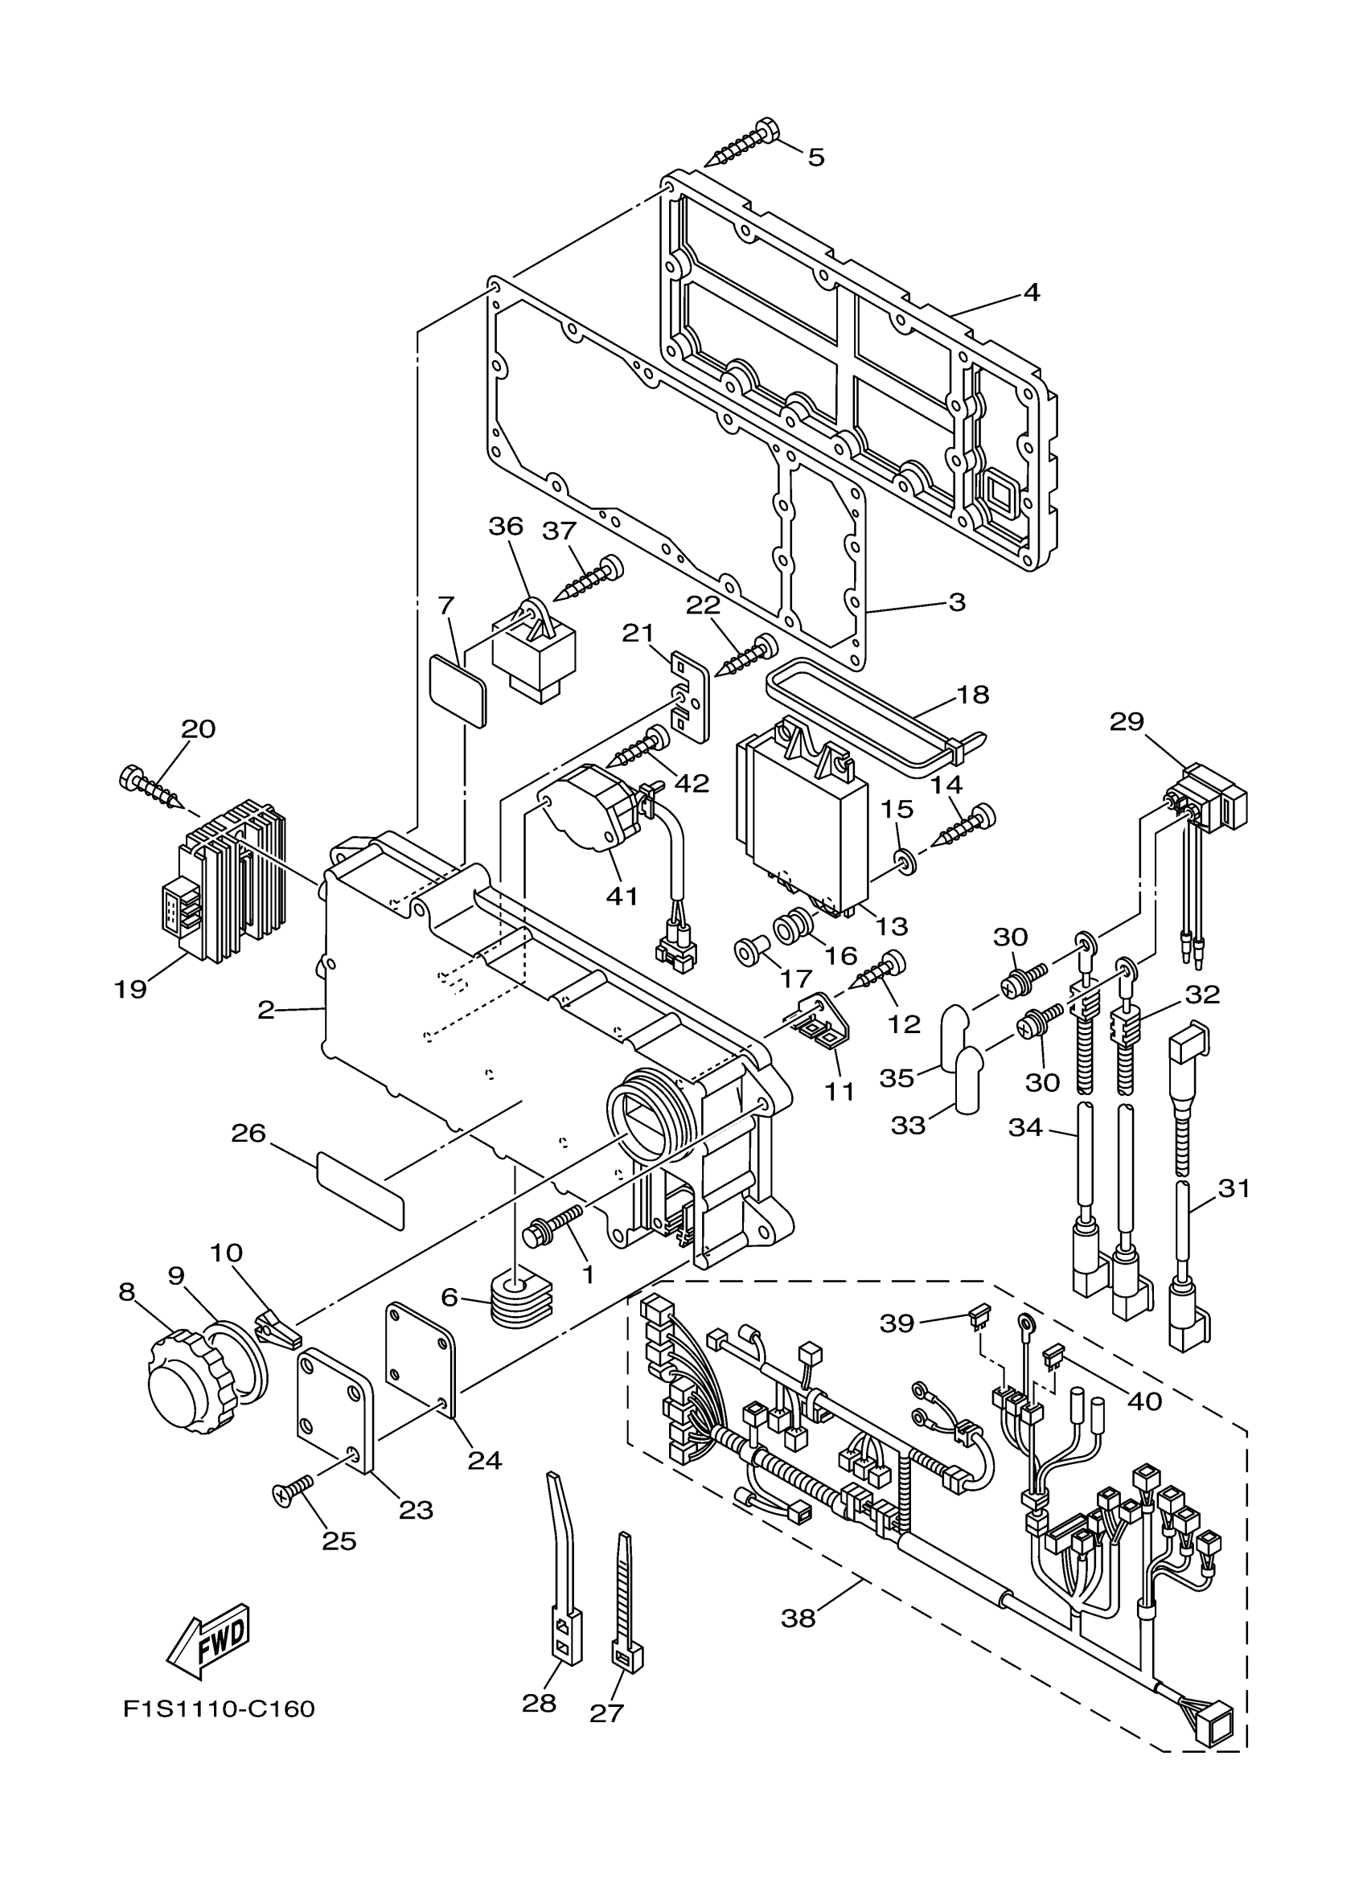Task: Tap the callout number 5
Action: coord(816,157)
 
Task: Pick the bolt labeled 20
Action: coord(152,788)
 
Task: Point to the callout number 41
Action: coord(622,896)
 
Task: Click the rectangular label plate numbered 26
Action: coord(360,1192)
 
